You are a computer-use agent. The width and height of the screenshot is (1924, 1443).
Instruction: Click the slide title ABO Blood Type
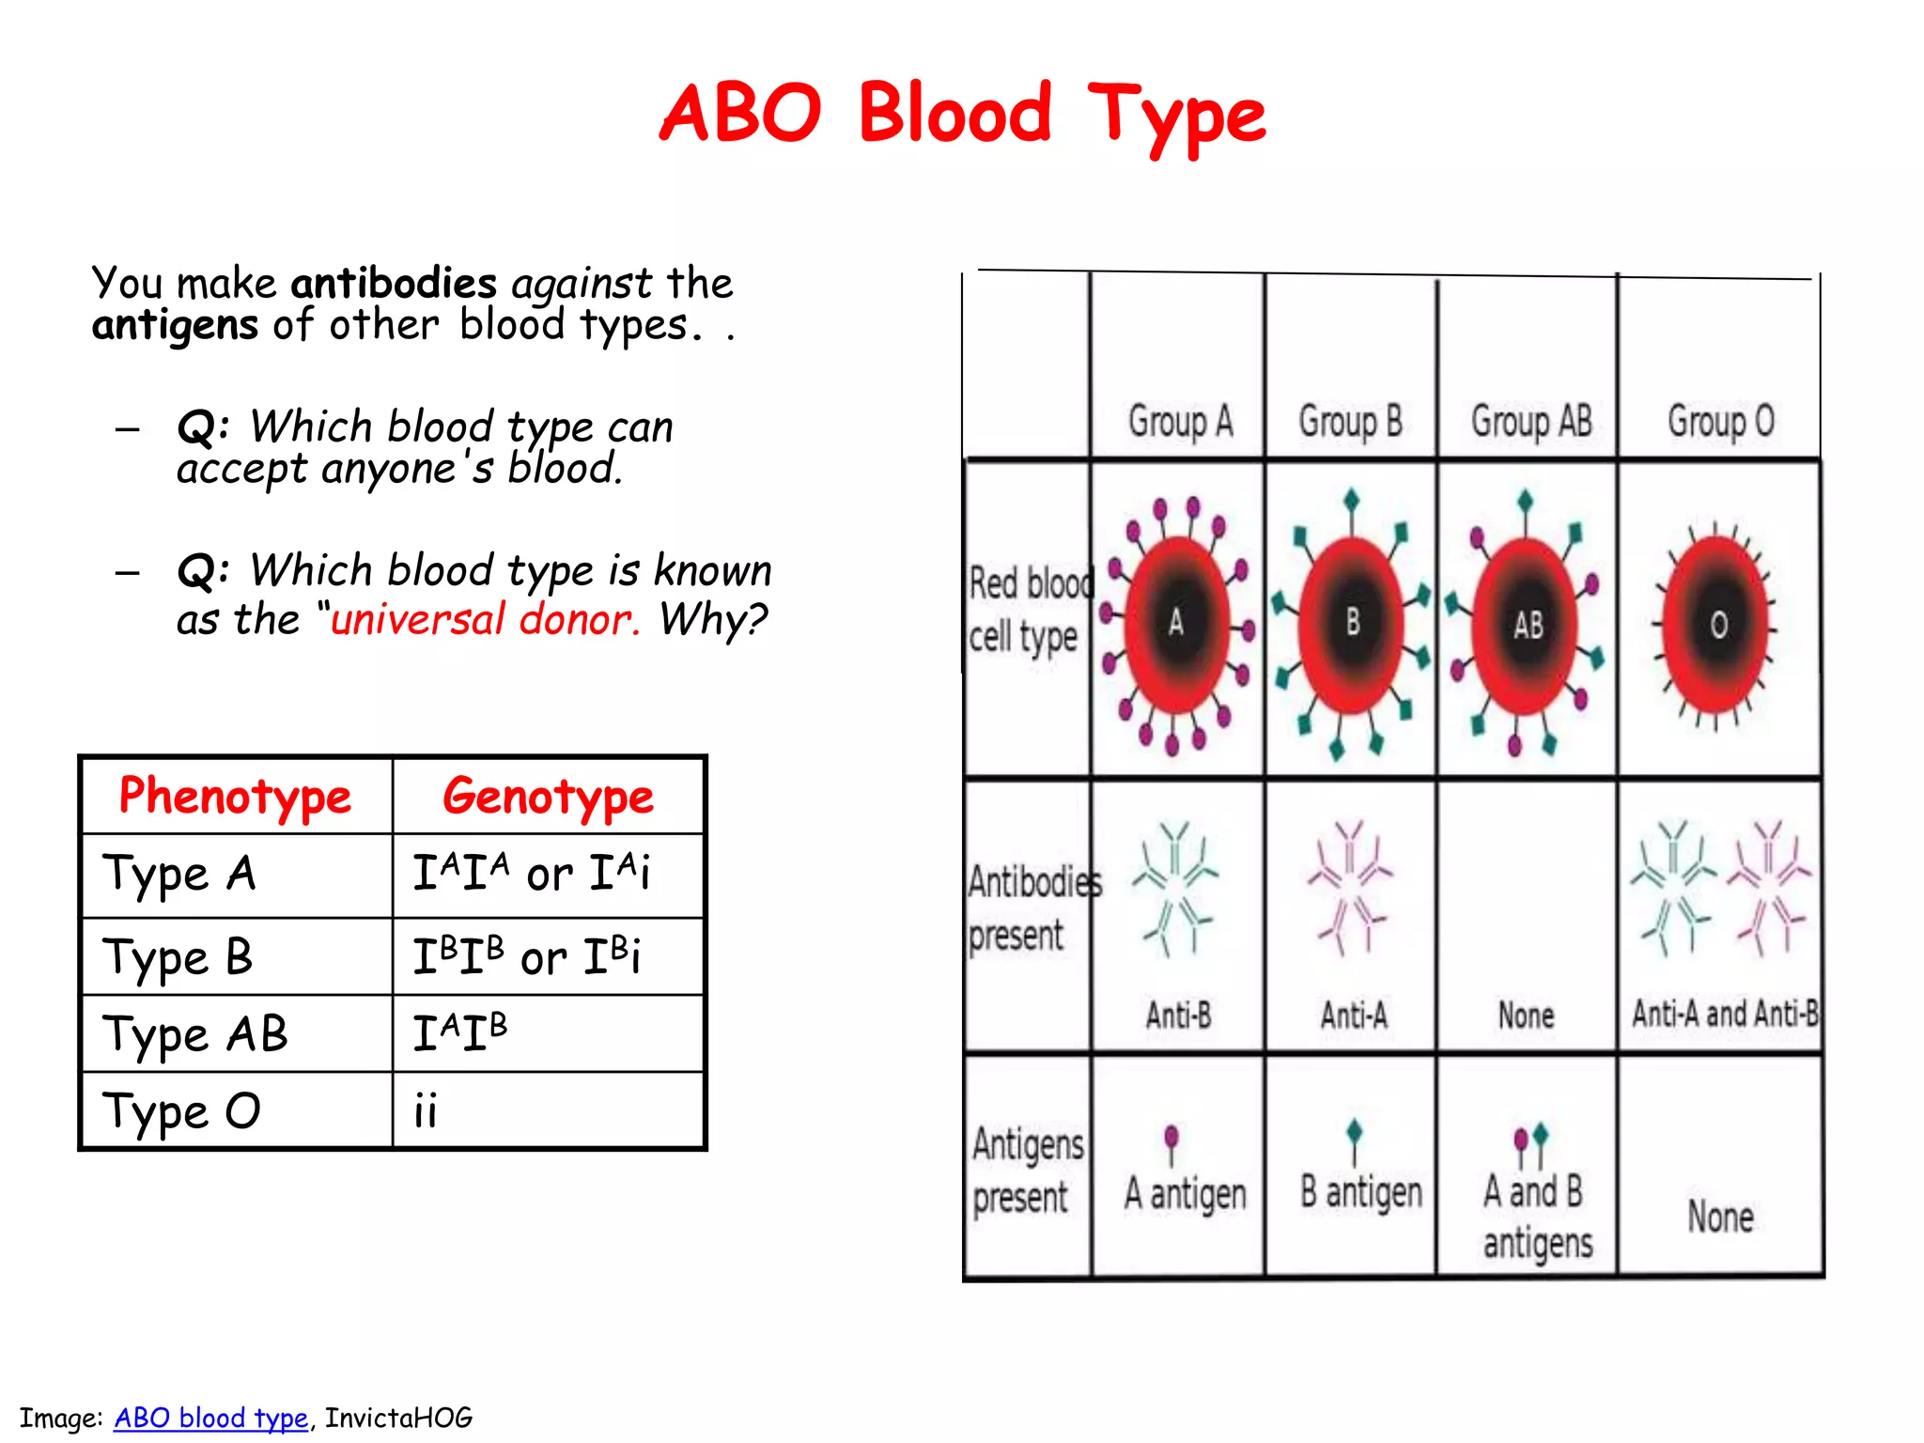point(962,115)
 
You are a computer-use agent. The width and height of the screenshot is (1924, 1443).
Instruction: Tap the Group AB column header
point(1531,422)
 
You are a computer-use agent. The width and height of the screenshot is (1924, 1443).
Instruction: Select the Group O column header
point(1720,422)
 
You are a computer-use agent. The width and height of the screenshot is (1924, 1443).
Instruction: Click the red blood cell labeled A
point(1176,623)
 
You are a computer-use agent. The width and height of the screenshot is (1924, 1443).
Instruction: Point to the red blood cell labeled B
point(1352,623)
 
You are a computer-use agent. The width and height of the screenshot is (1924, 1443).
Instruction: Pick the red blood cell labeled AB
point(1527,625)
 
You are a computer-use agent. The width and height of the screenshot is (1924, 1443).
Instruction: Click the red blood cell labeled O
point(1717,625)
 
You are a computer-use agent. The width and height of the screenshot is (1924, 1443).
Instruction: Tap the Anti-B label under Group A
point(1178,1016)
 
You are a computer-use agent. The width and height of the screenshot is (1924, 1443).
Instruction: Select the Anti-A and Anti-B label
point(1725,1014)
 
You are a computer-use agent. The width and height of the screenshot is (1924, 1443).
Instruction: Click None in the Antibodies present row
point(1526,1016)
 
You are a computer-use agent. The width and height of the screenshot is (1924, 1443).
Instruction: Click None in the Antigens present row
point(1720,1217)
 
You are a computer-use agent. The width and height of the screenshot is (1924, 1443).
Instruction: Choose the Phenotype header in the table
point(235,797)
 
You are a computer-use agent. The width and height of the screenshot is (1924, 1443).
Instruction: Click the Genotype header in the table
point(548,797)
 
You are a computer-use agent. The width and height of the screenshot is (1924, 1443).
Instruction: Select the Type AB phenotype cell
point(195,1034)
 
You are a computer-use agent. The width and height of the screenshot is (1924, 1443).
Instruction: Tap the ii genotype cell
point(426,1111)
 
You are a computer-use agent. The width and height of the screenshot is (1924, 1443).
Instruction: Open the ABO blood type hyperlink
point(210,1418)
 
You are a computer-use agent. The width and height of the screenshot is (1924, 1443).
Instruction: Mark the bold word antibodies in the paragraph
point(394,284)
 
